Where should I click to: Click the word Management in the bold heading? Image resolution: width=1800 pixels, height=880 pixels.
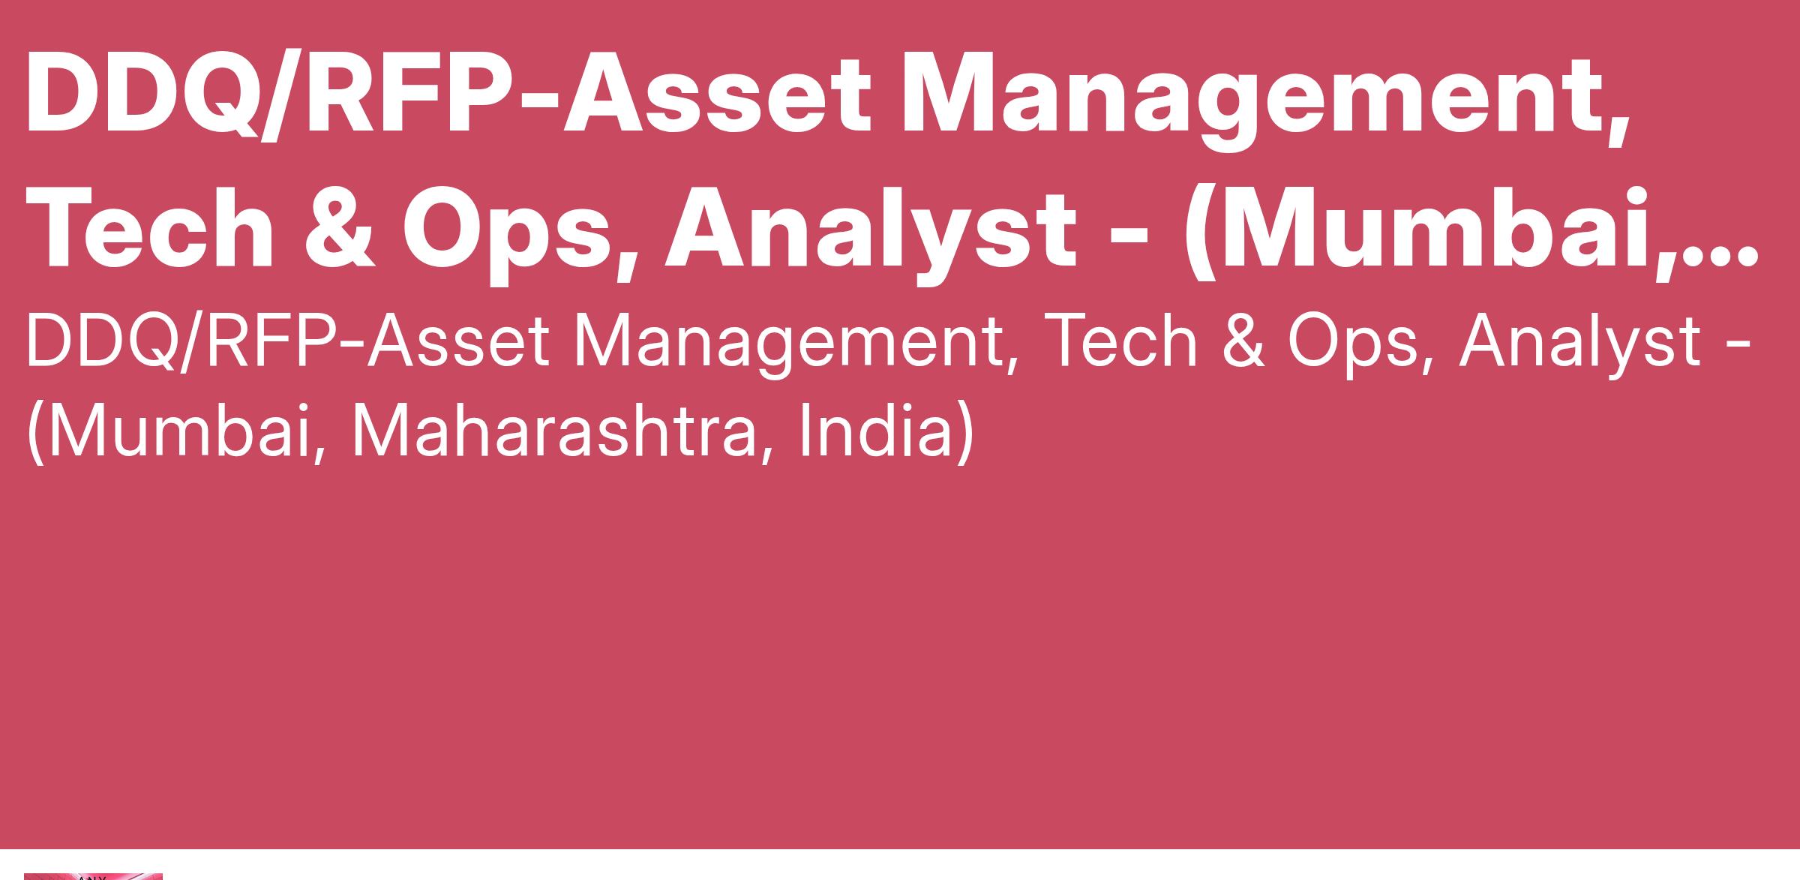(1264, 101)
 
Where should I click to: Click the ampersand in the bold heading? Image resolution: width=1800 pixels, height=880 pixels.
(340, 227)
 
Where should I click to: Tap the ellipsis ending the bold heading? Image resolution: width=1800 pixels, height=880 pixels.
(1722, 256)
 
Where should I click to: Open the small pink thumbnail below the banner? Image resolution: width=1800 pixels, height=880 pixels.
(93, 876)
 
